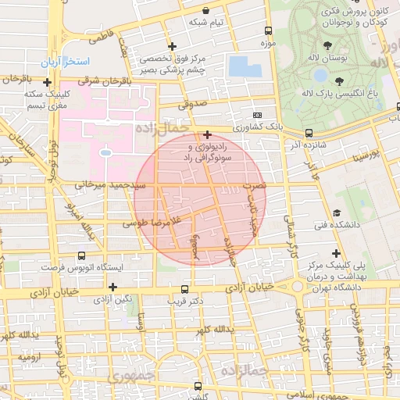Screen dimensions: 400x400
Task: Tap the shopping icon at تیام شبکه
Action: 205,11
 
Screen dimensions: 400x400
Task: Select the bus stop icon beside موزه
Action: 269,31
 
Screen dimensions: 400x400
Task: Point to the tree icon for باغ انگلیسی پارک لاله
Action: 339,80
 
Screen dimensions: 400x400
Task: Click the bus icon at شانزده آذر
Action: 309,133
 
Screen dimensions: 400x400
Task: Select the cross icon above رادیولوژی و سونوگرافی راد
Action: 207,134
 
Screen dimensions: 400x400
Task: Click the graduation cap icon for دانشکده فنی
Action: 337,212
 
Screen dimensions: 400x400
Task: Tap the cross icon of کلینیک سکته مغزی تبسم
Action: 48,82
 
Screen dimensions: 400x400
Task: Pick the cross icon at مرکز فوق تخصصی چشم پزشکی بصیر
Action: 171,47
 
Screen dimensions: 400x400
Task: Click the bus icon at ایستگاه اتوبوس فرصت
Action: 80,255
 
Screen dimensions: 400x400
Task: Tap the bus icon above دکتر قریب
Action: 184,288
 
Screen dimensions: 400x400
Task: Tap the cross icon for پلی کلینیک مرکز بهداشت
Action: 337,253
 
